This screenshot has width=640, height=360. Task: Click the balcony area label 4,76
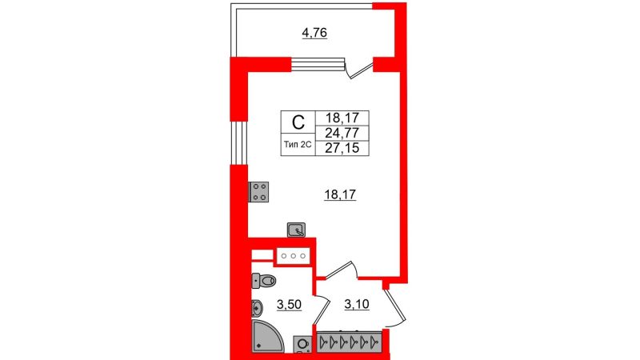pyautogui.click(x=314, y=33)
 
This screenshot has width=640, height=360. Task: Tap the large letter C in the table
pyautogui.click(x=298, y=122)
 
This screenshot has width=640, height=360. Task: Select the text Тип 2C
pyautogui.click(x=298, y=145)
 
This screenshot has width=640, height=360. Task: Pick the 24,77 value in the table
pyautogui.click(x=342, y=133)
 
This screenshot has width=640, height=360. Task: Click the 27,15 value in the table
pyautogui.click(x=342, y=148)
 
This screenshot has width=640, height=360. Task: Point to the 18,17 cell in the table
pyautogui.click(x=342, y=118)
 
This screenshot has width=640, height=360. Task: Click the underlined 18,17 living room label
pyautogui.click(x=340, y=195)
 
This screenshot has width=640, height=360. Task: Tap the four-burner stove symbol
pyautogui.click(x=258, y=192)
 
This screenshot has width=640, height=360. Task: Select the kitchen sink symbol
pyautogui.click(x=296, y=230)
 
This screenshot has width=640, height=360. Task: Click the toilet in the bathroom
pyautogui.click(x=263, y=281)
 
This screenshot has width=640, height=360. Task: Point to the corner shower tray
pyautogui.click(x=267, y=335)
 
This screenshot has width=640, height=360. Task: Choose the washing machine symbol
pyautogui.click(x=302, y=344)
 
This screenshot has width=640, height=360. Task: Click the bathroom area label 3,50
pyautogui.click(x=289, y=305)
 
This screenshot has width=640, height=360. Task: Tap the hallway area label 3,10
pyautogui.click(x=357, y=305)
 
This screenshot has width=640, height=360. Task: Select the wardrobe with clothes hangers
pyautogui.click(x=350, y=342)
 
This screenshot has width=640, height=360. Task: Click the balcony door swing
pyautogui.click(x=358, y=68)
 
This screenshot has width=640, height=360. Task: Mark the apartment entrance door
pyautogui.click(x=394, y=307)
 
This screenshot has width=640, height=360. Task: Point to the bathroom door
pyautogui.click(x=322, y=309)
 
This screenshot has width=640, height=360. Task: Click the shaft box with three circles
pyautogui.click(x=294, y=256)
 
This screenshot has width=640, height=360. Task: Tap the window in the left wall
pyautogui.click(x=238, y=143)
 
